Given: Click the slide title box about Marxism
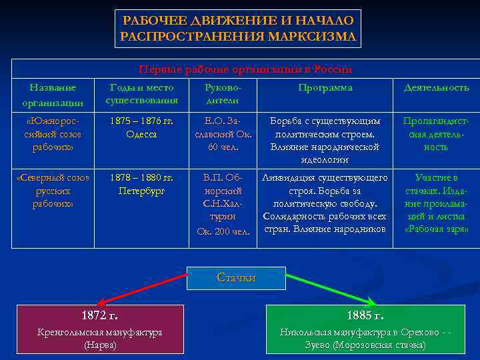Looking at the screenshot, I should click(239, 28).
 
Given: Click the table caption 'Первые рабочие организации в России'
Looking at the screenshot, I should click(245, 69).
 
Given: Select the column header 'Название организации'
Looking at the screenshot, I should click(53, 95).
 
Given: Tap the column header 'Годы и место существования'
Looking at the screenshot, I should click(141, 94).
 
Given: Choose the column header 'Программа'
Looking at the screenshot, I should click(325, 88).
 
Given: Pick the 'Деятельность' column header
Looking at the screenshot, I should click(436, 88).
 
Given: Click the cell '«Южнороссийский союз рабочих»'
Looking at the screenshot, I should click(53, 134).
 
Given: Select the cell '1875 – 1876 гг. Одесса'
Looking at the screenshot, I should click(141, 128).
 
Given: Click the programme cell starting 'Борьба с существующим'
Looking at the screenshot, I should click(325, 141).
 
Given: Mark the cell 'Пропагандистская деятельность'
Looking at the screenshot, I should click(436, 134).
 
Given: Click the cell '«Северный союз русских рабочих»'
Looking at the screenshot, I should click(53, 191).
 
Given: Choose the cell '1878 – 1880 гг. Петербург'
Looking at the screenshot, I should click(141, 185).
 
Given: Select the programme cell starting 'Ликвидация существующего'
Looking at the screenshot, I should click(325, 204).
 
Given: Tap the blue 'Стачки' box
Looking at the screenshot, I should click(236, 278).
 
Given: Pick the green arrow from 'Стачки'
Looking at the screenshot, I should click(330, 289).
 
